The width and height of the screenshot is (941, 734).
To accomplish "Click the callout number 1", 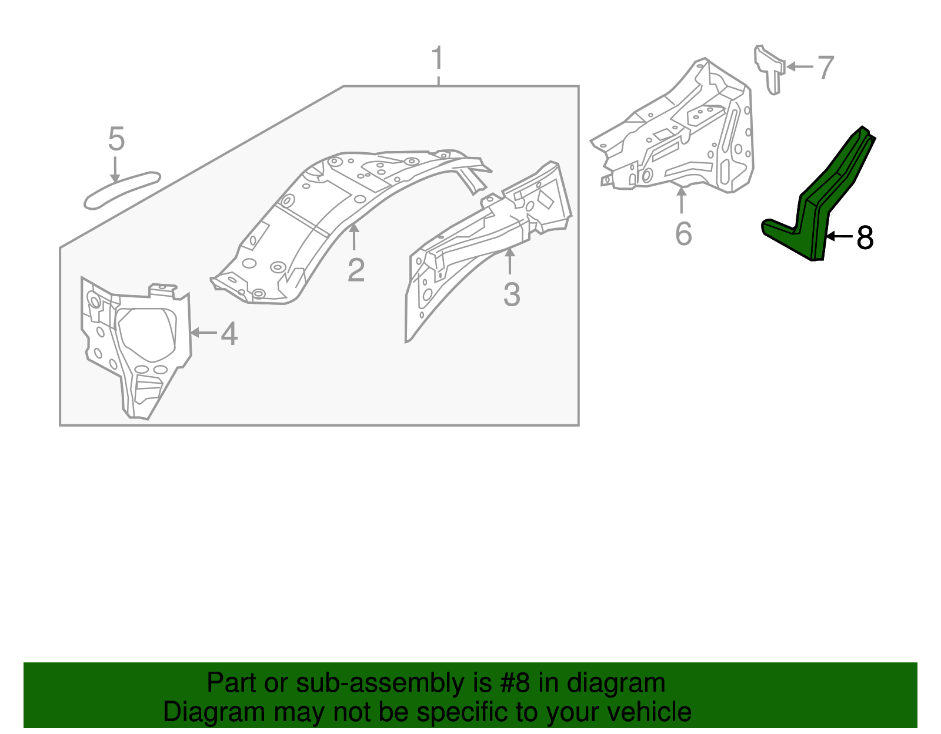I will [x=437, y=59].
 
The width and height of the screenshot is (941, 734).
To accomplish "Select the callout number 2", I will [x=356, y=270].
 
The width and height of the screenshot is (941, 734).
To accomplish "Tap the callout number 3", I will [x=512, y=294].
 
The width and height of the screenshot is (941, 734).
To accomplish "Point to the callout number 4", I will [x=229, y=334].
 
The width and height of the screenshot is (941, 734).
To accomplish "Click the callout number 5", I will [x=116, y=139].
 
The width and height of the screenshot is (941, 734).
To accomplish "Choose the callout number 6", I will [x=683, y=234].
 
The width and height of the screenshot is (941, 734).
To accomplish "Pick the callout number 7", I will [x=826, y=68].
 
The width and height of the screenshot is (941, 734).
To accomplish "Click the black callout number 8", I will [x=865, y=238].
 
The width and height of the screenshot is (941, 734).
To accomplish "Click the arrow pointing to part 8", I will [x=840, y=236].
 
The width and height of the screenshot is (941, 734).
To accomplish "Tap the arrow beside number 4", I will [x=203, y=333].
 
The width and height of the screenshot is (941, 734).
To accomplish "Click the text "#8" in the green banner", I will [x=515, y=683].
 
